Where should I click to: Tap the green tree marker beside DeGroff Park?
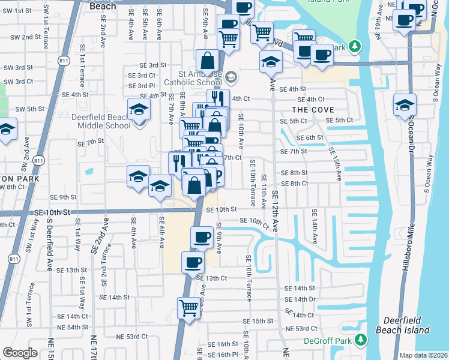coord(360,341)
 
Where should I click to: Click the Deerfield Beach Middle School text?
coord(100,121)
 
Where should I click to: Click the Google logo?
coord(20,353)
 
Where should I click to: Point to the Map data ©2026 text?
coord(423,355)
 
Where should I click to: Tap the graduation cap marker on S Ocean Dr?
coord(405,104)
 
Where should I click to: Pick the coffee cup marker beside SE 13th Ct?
coord(193,263)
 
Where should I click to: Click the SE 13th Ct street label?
coord(217,278)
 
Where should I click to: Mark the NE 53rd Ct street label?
coord(301,329)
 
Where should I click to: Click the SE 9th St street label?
coord(63,197)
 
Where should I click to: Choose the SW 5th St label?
coord(29,109)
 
